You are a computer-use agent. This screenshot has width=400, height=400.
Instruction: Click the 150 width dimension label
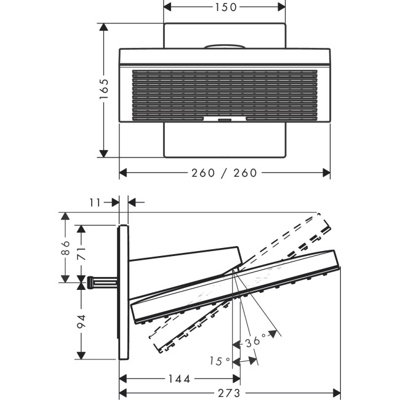[x=225, y=7]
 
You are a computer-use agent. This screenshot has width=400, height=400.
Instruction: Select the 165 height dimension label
[x=104, y=90]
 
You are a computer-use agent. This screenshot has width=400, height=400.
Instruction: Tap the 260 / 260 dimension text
[x=224, y=173]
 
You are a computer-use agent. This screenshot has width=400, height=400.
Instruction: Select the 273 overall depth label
[x=229, y=393]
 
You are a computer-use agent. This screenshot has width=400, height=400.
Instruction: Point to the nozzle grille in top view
[x=225, y=92]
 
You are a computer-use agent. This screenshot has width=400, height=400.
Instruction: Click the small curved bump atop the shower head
[x=224, y=46]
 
